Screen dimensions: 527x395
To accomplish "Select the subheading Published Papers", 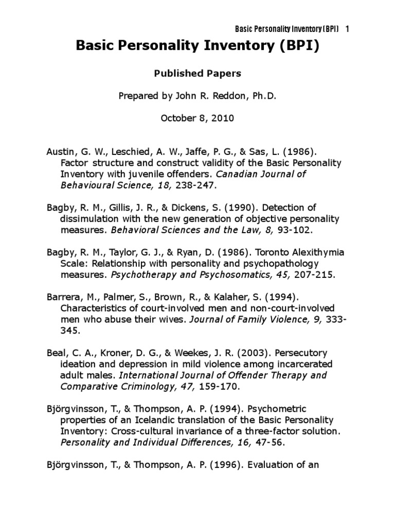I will pyautogui.click(x=197, y=74).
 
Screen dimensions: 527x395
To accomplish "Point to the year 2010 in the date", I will pyautogui.click(x=224, y=118).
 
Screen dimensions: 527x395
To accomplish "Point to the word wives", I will pyautogui.click(x=172, y=319).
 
